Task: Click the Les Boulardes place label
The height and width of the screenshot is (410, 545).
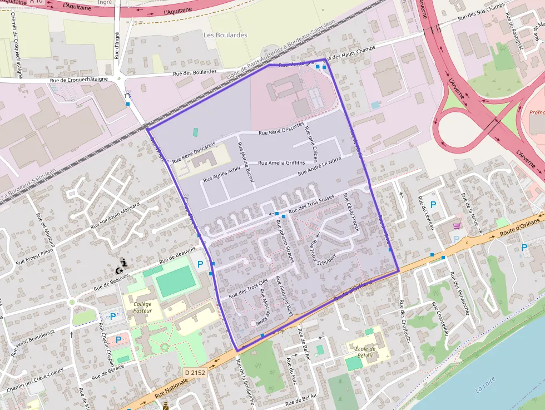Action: (x=225, y=35)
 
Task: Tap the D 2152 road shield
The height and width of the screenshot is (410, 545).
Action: (x=195, y=372)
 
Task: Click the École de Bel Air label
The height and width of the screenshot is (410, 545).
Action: (x=365, y=352)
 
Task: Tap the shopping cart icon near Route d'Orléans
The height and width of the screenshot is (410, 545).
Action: (x=457, y=225)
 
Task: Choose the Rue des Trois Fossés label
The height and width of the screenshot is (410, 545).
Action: (x=311, y=204)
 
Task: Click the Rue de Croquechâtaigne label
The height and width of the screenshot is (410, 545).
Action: (x=78, y=80)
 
